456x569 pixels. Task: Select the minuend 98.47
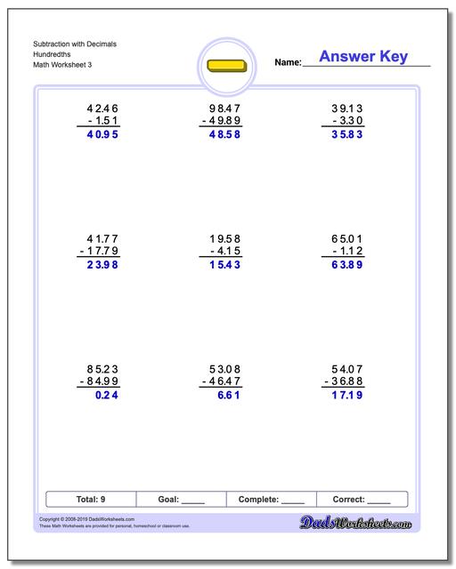click(x=223, y=107)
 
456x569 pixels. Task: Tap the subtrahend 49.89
click(x=223, y=121)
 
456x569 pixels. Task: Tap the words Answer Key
click(x=363, y=57)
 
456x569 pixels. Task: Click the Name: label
click(x=288, y=62)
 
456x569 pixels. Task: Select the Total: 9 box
click(x=90, y=500)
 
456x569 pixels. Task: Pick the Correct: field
click(x=362, y=500)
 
